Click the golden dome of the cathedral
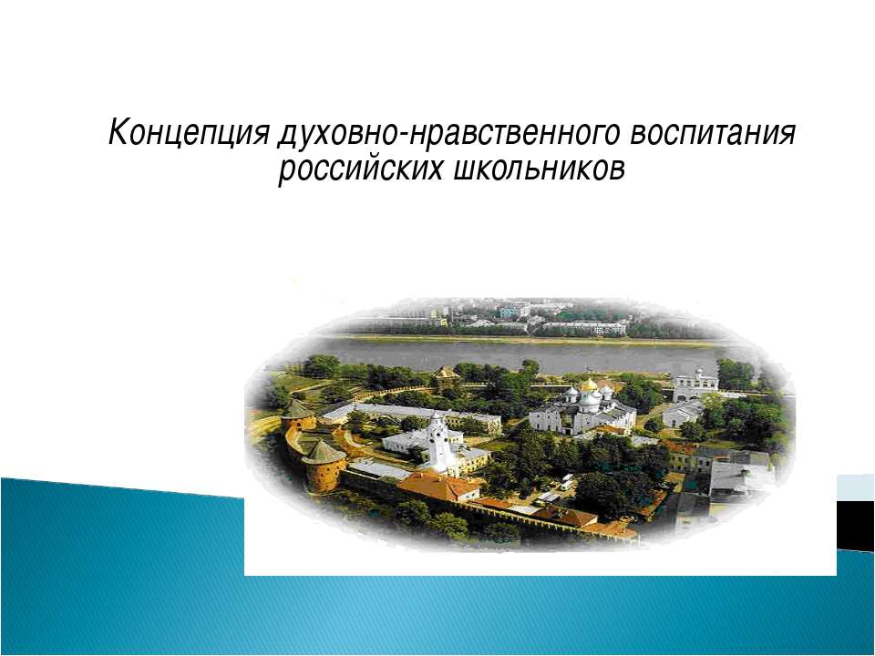[589, 385]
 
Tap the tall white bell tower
[440, 444]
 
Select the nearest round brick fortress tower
[324, 464]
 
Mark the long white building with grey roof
[419, 416]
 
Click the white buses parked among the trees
[567, 482]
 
